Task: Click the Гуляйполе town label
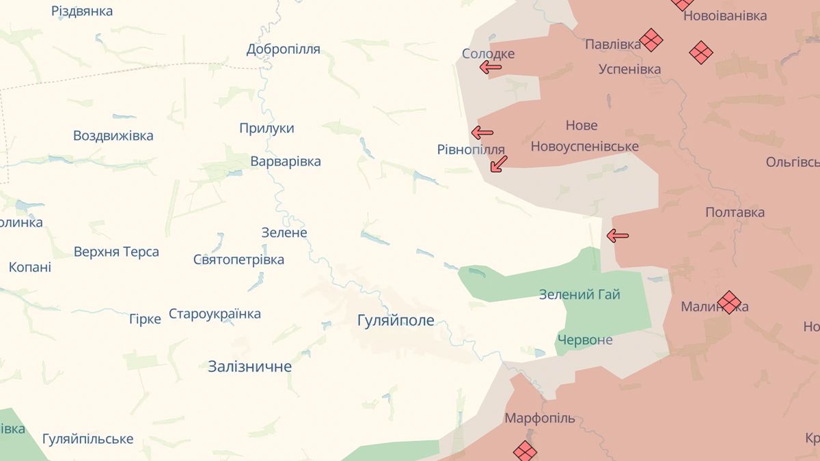396,320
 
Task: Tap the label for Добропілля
283,49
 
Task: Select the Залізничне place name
249,367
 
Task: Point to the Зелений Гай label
579,294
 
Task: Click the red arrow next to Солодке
490,67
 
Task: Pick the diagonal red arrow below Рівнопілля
499,163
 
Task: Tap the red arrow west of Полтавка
618,236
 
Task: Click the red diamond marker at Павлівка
651,40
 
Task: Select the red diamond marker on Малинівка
729,302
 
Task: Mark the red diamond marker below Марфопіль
525,451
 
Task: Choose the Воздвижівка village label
113,135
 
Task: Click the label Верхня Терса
116,251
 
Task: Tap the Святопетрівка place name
238,260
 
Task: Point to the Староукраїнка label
215,314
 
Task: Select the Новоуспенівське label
584,146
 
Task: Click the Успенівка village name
629,69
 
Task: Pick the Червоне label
585,340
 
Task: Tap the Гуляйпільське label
87,438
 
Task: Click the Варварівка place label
286,162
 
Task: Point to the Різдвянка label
82,11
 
